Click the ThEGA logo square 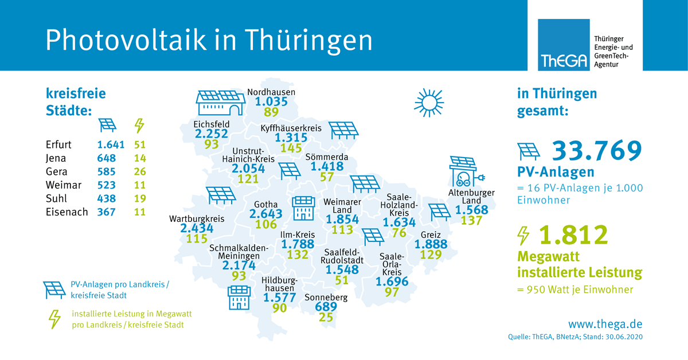[564, 45]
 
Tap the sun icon [429, 103]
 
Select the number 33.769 [596, 150]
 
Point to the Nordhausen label [271, 92]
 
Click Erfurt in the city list [60, 144]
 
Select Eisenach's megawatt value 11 [140, 212]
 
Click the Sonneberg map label [326, 298]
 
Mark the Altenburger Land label [471, 197]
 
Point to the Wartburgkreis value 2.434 [197, 228]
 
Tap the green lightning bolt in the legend [55, 319]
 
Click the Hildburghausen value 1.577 [279, 298]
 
